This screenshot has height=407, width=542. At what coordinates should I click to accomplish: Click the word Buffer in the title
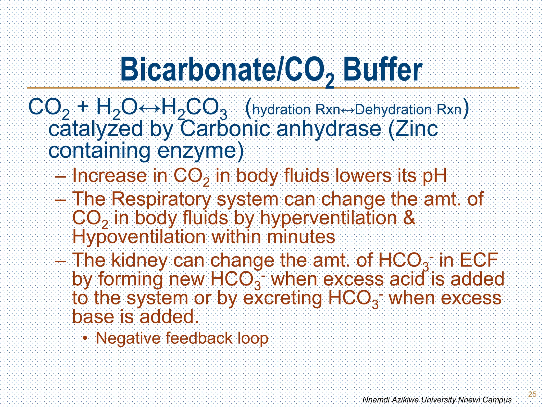(383, 70)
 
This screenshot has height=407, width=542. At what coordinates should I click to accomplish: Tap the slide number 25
(532, 394)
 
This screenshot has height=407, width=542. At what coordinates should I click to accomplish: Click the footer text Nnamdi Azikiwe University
(409, 400)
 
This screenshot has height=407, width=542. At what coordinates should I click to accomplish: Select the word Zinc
(413, 129)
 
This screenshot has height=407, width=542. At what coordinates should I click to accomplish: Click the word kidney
(139, 260)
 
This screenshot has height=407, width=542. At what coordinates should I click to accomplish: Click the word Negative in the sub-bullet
(124, 338)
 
